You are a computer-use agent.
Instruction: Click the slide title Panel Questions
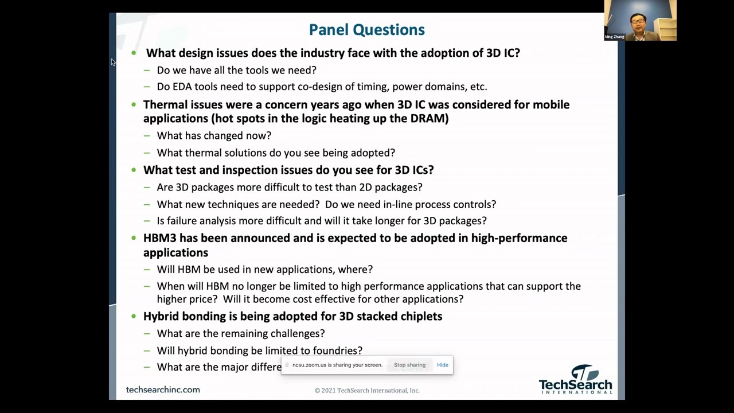pos(366,30)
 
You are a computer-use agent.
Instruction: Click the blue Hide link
pos(442,365)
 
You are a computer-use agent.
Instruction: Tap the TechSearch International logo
pos(575,380)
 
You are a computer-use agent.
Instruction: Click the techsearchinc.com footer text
pos(163,389)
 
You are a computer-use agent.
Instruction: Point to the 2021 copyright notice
pos(367,391)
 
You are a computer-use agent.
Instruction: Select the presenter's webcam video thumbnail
pos(640,20)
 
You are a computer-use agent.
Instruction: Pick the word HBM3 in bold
pos(159,238)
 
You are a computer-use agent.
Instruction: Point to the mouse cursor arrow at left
pos(113,62)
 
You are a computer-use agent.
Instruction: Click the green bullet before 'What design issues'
pos(134,53)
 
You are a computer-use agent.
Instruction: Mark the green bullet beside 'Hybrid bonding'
pos(134,316)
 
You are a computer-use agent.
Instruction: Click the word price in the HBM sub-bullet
pos(204,299)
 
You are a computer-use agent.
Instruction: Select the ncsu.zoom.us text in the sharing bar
pos(309,365)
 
